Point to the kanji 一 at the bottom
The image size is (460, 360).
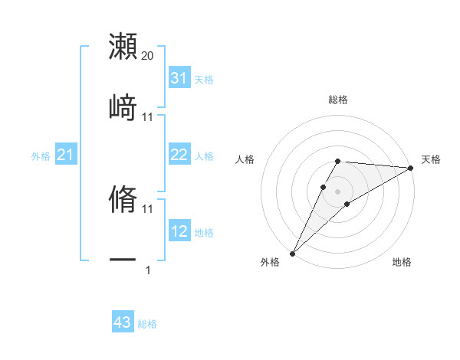(123, 260)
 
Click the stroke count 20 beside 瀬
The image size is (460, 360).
(148, 56)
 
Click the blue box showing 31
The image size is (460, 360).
(179, 78)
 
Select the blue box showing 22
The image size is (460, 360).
(179, 155)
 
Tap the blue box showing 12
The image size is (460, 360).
(179, 231)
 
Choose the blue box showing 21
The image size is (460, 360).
(65, 155)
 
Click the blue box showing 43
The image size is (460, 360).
(122, 322)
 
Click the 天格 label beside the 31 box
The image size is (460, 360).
(204, 79)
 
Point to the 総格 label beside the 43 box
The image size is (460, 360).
(147, 324)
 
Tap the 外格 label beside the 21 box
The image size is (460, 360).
(41, 156)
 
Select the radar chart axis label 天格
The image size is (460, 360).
(432, 159)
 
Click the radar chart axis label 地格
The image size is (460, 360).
(402, 263)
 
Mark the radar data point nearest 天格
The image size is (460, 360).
(411, 168)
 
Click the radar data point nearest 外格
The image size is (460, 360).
(292, 253)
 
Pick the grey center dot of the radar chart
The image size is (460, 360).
(337, 191)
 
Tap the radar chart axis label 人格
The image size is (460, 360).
(245, 159)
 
